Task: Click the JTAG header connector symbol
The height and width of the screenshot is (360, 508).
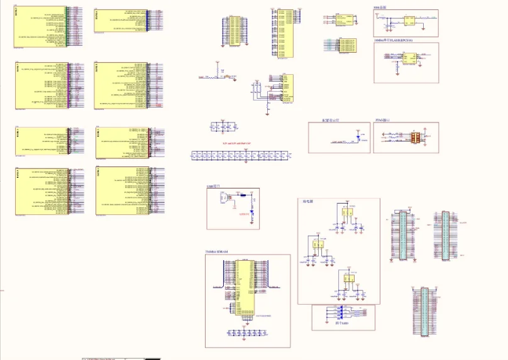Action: (x=416, y=136)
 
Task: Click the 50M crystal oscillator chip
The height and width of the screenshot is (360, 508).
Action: (x=409, y=20)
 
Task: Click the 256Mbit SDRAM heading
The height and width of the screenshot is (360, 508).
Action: (x=217, y=252)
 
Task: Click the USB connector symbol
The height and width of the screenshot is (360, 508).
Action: (x=223, y=198)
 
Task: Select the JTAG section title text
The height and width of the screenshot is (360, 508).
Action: (x=382, y=119)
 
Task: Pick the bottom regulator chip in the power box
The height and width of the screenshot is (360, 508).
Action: (x=348, y=279)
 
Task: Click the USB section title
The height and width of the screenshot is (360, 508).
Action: (x=213, y=187)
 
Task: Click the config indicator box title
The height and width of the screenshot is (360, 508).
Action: (x=330, y=119)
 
